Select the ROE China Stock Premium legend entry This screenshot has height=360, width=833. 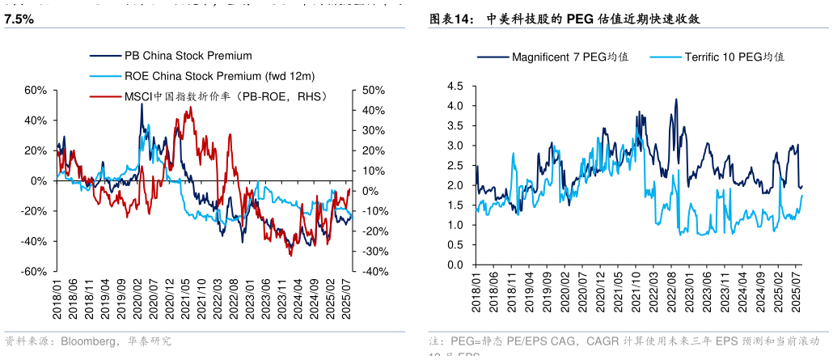coord(218,76)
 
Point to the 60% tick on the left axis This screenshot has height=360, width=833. coord(36,90)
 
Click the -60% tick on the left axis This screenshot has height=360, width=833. coord(34,272)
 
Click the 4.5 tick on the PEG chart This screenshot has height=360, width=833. coord(455,86)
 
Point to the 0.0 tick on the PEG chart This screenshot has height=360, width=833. coord(455,265)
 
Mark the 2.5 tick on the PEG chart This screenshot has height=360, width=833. coord(455,166)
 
